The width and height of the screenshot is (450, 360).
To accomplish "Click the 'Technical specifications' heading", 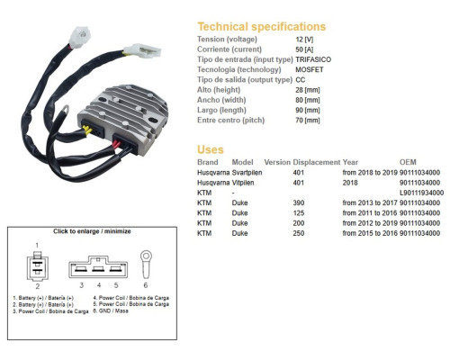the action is [261, 27].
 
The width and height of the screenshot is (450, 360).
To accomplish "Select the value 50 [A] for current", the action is [304, 49].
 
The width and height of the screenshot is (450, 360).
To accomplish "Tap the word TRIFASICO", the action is [313, 59].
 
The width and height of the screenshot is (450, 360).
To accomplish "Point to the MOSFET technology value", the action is [310, 69].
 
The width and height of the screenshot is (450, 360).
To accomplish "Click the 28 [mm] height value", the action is [308, 90].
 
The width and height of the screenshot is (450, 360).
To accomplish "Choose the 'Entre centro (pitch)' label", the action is [230, 121].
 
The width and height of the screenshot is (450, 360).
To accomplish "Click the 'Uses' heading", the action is [211, 149].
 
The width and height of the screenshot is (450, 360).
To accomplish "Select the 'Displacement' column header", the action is [317, 162].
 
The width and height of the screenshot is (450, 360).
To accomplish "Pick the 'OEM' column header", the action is [408, 162].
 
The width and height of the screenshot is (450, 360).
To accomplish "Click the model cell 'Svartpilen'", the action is [247, 173].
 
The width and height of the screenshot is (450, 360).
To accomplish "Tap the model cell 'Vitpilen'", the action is [243, 183].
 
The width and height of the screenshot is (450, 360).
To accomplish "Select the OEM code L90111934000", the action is [421, 193].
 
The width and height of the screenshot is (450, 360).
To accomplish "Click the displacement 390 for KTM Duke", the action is [299, 203].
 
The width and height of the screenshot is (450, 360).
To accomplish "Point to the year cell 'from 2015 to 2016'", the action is [370, 233].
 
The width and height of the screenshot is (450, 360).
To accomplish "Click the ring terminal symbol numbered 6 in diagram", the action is [146, 265].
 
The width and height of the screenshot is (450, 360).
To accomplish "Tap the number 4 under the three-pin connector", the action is [99, 285].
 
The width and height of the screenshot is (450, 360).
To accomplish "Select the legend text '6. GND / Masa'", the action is [111, 311].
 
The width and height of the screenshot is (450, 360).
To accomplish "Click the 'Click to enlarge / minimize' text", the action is [92, 231].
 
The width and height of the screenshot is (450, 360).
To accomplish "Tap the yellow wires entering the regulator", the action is [86, 130].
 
